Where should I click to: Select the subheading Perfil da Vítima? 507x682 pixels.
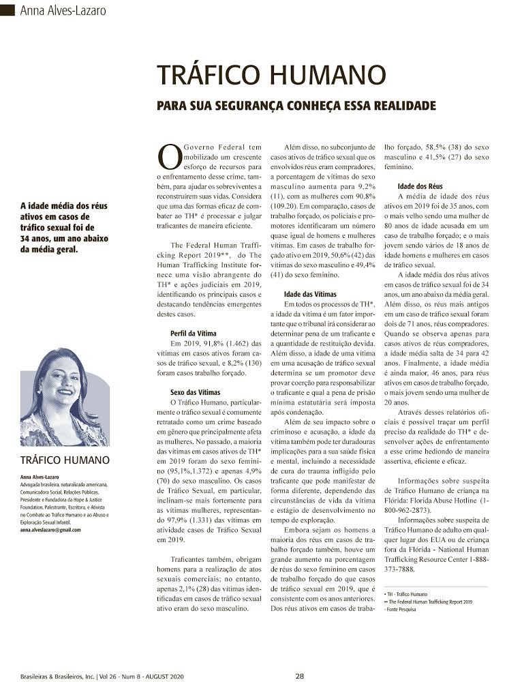(x=193, y=334)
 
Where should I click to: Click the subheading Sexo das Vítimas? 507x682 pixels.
(x=195, y=393)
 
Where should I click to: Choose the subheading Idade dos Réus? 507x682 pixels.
(x=420, y=186)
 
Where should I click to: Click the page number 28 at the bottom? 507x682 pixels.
(x=300, y=676)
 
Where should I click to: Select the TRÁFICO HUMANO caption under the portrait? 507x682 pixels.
(x=65, y=460)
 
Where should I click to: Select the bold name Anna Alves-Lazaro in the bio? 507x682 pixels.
(x=41, y=477)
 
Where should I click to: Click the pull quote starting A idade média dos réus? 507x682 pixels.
(x=65, y=226)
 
